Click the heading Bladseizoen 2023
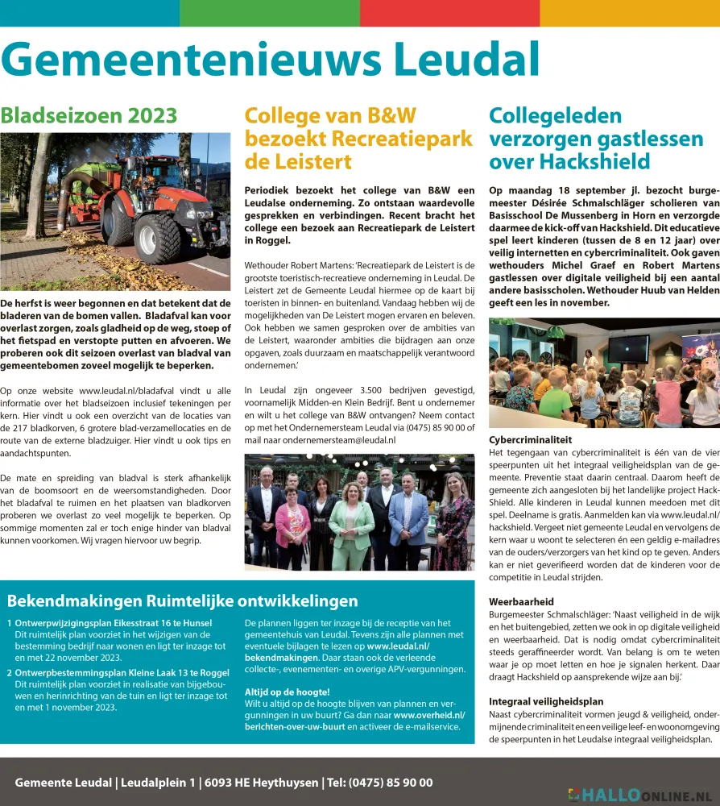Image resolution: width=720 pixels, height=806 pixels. click(x=89, y=115)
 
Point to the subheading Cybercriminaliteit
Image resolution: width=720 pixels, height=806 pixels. click(x=531, y=440)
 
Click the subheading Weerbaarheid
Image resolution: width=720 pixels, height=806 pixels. click(x=521, y=602)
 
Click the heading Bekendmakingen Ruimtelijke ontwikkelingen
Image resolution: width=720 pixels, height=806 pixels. click(x=182, y=601)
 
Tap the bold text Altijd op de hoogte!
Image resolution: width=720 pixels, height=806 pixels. click(x=287, y=692)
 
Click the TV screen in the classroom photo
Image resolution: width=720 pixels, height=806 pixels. click(x=627, y=349)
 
